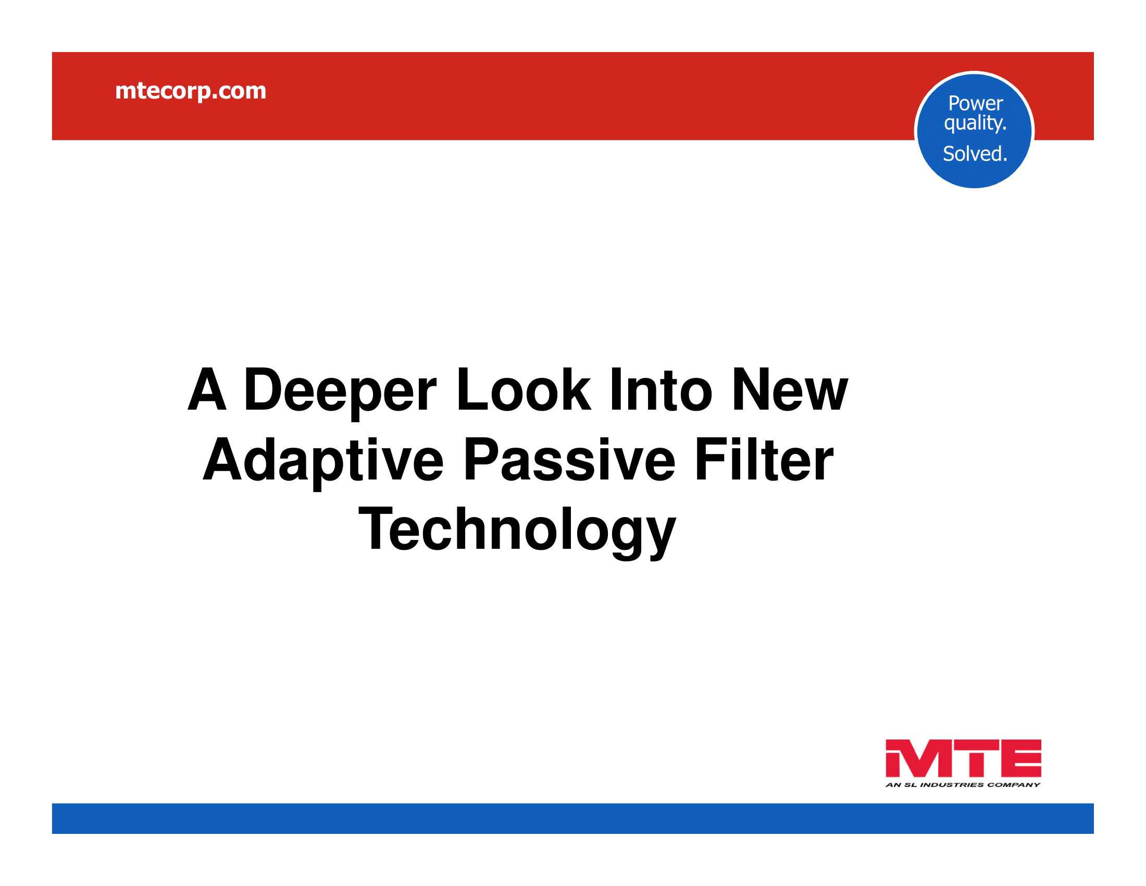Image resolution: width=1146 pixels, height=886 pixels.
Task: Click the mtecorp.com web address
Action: [191, 91]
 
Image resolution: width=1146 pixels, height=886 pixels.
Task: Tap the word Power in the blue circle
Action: [976, 103]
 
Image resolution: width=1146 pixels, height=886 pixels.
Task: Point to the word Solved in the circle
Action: [974, 154]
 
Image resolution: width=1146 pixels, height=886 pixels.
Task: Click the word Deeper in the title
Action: [340, 391]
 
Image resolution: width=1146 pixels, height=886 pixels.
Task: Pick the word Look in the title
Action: [523, 389]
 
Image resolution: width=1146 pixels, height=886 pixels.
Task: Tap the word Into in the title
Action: [661, 389]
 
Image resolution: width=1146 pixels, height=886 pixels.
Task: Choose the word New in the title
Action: [789, 389]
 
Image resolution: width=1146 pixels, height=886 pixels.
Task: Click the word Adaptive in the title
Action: [324, 461]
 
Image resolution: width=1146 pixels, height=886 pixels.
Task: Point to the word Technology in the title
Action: [517, 531]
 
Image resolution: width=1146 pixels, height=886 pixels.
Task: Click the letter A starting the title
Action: [207, 389]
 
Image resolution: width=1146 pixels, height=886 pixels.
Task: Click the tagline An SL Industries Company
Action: [963, 785]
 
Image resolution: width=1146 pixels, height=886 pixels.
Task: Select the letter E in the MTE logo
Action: [1020, 758]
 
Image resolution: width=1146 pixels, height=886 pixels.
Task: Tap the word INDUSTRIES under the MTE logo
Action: [952, 785]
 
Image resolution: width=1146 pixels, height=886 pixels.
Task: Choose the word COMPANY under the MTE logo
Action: [1014, 785]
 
